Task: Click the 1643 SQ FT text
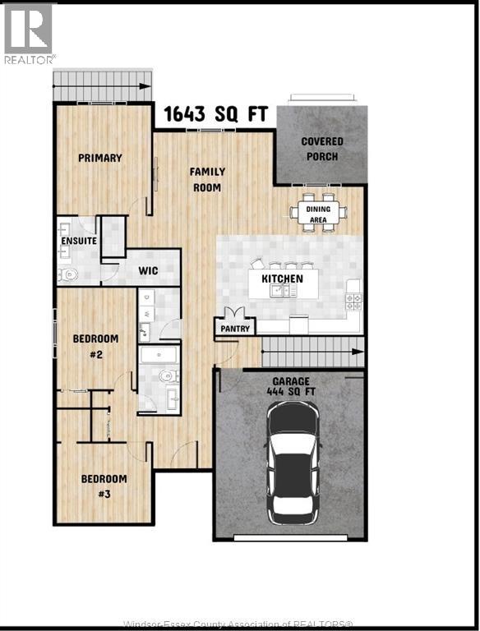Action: tap(215, 113)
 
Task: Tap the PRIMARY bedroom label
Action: tap(100, 158)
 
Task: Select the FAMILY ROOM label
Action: tap(207, 179)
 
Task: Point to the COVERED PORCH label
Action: tap(322, 148)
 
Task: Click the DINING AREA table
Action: tap(318, 213)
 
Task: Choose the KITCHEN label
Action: tap(282, 279)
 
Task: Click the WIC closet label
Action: tap(148, 271)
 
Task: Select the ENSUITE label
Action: tap(78, 241)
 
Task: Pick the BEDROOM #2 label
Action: tap(95, 346)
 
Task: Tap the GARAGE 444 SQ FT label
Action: tap(291, 387)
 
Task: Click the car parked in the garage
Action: tap(291, 463)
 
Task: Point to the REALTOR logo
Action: tap(29, 34)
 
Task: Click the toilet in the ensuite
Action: tap(69, 274)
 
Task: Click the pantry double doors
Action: tap(235, 313)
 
